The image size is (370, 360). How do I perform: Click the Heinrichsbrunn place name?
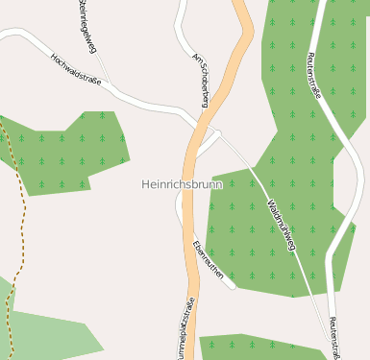tap(182, 184)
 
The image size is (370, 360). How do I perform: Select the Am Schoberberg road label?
tap(201, 80)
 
